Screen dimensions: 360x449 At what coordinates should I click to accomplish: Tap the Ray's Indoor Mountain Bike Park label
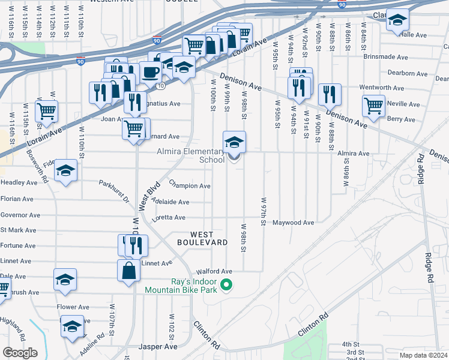click(180, 285)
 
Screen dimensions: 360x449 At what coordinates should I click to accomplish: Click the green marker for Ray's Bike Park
click(226, 285)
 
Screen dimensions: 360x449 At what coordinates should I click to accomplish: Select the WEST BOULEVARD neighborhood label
click(202, 238)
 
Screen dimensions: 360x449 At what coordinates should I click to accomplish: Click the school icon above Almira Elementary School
click(234, 142)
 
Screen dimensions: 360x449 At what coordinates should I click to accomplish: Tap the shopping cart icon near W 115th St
click(46, 110)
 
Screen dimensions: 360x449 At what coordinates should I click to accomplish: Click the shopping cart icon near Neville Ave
click(373, 106)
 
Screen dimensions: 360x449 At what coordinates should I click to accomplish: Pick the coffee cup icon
click(150, 73)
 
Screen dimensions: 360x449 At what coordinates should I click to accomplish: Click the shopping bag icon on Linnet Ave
click(128, 271)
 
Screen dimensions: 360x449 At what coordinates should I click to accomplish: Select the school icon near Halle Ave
click(397, 20)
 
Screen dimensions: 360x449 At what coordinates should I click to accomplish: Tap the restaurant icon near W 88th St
click(329, 94)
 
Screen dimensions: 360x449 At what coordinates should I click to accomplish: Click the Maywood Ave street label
click(294, 223)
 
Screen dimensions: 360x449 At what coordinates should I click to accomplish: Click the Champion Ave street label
click(190, 186)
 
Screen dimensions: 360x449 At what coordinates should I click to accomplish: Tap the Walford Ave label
click(218, 271)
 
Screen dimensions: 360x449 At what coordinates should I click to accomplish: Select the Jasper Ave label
click(158, 347)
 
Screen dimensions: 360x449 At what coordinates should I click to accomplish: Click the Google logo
click(20, 353)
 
